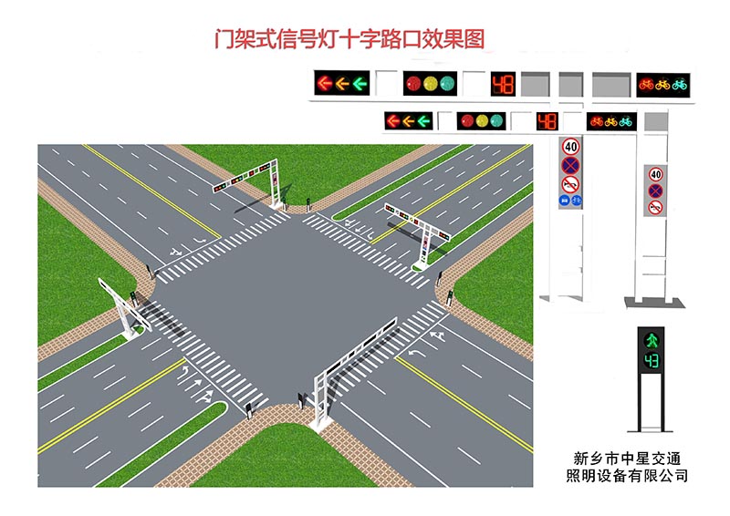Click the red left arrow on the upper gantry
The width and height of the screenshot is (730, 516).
[x=325, y=83]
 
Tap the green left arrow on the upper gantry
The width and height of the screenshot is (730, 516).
[x=360, y=84]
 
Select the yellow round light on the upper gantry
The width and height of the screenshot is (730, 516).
[x=430, y=83]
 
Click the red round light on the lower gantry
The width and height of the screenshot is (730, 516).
[x=467, y=121]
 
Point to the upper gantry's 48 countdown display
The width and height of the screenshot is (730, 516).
[x=503, y=84]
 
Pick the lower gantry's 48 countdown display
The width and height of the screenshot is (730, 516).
[x=547, y=121]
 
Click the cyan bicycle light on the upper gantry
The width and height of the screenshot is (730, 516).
[x=679, y=85]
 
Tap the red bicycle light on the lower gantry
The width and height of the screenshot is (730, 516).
[x=597, y=122]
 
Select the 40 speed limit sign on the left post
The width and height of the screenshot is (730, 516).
[x=571, y=147]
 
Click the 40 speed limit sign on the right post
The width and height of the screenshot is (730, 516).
[x=656, y=174]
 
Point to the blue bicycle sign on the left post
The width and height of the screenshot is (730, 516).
[x=577, y=201]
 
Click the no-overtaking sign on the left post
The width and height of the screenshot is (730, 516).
[x=570, y=185]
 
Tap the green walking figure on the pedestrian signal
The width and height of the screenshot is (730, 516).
[x=652, y=341]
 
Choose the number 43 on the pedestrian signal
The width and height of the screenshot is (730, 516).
[x=652, y=361]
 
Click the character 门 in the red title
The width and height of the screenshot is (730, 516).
[x=224, y=39]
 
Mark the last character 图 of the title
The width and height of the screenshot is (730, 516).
[x=474, y=39]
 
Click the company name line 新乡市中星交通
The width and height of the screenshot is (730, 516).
[x=627, y=459]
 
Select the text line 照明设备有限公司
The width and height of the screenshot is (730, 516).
[x=627, y=476]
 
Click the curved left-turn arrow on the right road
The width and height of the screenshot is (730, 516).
[x=417, y=353]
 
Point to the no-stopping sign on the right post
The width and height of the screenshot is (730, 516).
[x=656, y=191]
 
